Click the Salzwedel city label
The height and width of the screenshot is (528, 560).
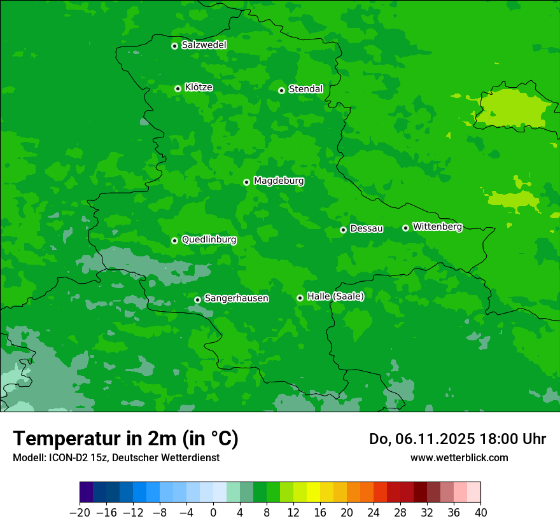coord(204,45)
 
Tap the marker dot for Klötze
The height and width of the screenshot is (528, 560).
coord(178,88)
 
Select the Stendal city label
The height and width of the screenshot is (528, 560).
coord(305,89)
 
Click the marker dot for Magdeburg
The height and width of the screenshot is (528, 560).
coord(246,182)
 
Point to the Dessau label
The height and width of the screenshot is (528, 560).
coord(367,228)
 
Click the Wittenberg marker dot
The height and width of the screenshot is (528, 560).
coord(405,228)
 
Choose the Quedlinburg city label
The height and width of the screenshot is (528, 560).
coord(209,240)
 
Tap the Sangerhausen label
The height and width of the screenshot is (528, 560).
coord(236,298)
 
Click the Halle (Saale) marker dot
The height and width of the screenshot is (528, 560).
coord(300,298)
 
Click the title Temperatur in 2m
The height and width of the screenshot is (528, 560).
coord(126,439)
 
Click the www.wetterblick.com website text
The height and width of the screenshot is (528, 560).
coord(459,457)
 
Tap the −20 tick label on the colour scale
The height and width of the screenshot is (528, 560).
coord(80,513)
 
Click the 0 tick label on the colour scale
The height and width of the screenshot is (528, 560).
coord(213,513)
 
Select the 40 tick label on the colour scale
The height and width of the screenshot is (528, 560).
coord(480,513)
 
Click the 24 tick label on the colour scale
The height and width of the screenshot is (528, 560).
coord(374,513)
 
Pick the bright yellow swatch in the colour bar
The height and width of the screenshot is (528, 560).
coord(313,492)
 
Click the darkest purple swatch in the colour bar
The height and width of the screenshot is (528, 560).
coord(87,492)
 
